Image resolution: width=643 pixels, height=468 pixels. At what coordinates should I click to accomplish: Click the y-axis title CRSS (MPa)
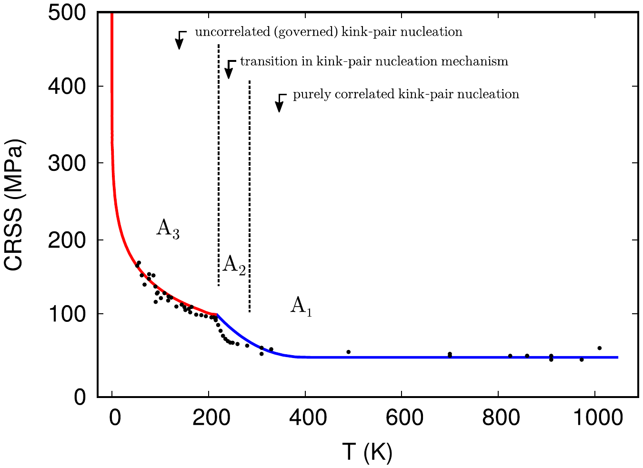15,205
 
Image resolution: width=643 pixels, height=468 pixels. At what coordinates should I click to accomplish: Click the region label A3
168,229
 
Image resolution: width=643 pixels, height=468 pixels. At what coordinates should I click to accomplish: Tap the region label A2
234,264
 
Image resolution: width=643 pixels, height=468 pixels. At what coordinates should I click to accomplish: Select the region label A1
301,306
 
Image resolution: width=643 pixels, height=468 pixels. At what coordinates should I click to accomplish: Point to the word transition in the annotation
263,62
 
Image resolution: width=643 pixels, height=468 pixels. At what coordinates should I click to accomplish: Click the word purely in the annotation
307,94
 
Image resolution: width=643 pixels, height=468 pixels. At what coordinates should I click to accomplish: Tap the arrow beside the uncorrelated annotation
179,41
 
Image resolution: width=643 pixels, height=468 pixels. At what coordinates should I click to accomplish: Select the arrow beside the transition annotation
229,70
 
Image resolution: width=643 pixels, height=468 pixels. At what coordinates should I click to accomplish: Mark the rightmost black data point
599,348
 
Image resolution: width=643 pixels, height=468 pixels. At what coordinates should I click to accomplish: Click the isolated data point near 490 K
348,352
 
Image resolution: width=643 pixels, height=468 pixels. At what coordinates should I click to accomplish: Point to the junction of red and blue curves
217,315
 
